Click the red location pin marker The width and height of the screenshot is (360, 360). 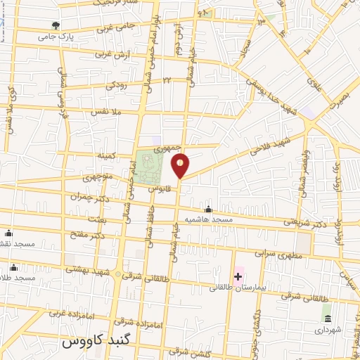tap(181, 165)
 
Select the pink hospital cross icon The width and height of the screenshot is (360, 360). tap(238, 276)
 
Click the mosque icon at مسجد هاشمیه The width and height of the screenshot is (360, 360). tap(208, 210)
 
